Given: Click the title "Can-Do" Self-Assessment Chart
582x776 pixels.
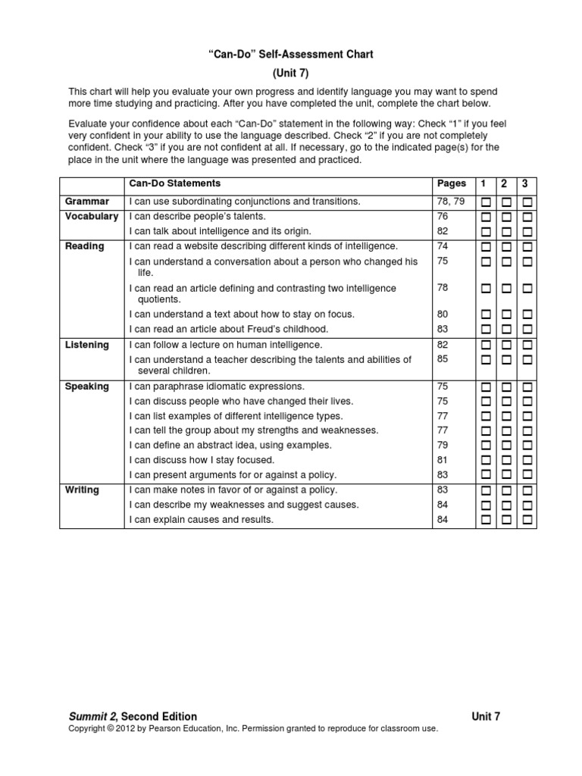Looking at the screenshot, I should tap(291, 55).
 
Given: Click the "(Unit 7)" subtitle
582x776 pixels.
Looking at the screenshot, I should tap(291, 74).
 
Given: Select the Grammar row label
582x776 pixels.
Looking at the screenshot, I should tap(86, 202).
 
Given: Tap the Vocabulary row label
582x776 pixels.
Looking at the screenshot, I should tap(91, 217).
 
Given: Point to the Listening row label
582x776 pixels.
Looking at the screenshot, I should tap(87, 345).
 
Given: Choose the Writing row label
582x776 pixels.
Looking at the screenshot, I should tap(82, 490).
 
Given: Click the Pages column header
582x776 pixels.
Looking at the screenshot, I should tap(452, 184).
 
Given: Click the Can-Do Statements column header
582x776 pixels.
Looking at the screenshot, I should tap(175, 184).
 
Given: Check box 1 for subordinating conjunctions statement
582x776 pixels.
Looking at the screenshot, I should tap(485, 202).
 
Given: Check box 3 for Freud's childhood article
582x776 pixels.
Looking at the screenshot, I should tap(527, 330).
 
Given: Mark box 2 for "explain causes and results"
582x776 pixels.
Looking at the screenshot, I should tap(506, 520).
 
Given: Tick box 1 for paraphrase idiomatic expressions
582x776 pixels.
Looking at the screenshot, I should tap(485, 387).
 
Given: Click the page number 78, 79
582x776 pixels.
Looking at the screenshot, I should tap(449, 202).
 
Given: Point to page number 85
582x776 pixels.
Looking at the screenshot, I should tap(443, 360).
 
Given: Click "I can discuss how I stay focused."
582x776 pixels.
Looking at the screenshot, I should tap(202, 460).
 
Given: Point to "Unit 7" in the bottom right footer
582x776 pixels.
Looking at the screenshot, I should tap(486, 716).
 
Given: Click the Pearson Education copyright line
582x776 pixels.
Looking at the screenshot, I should tap(253, 729).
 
